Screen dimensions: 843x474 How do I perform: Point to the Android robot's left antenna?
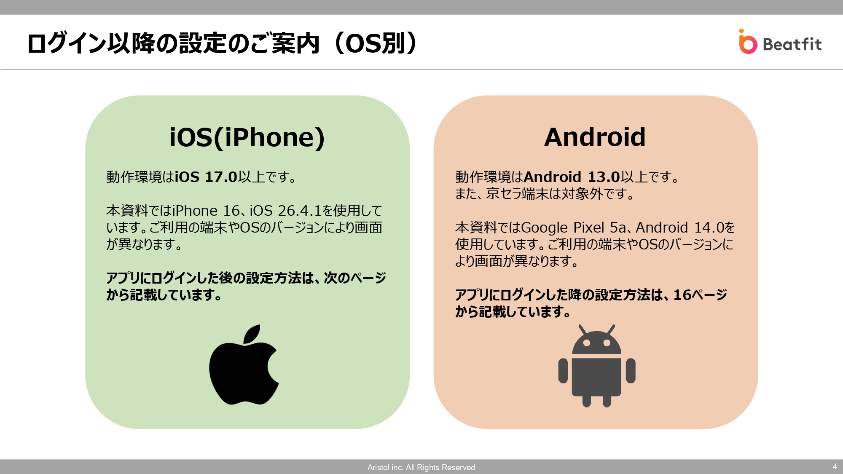point(583,329)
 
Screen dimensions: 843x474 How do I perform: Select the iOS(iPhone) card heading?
point(247,137)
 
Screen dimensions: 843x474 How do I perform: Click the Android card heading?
point(595,137)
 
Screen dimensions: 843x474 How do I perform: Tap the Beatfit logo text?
point(792,44)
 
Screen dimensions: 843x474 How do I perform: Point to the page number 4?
point(835,466)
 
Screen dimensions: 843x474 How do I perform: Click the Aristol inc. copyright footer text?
point(421,467)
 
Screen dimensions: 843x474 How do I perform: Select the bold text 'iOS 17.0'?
point(207,177)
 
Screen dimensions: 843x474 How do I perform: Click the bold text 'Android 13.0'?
point(572,177)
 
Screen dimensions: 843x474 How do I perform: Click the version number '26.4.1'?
point(299,211)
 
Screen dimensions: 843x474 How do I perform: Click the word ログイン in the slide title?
point(67,43)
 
